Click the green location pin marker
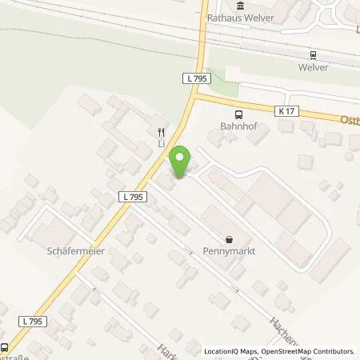pyautogui.click(x=181, y=162)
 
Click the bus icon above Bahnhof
pyautogui.click(x=237, y=114)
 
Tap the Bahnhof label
pyautogui.click(x=237, y=126)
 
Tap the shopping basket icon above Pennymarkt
pyautogui.click(x=230, y=238)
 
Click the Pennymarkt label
pyautogui.click(x=230, y=250)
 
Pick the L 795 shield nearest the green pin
pyautogui.click(x=134, y=196)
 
